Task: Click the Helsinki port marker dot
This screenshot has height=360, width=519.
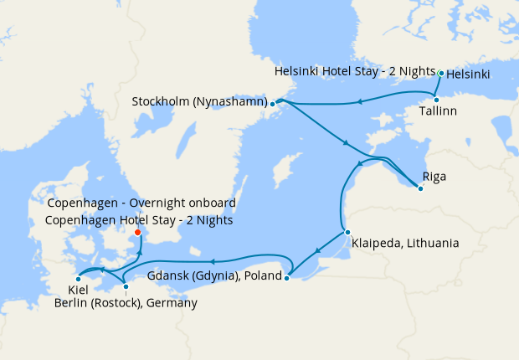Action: tap(441, 74)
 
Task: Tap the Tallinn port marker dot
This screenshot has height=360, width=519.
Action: tap(436, 100)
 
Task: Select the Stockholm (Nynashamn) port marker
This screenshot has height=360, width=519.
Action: tap(272, 104)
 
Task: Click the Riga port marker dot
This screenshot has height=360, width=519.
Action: tap(420, 188)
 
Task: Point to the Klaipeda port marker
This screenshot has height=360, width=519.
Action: tap(347, 232)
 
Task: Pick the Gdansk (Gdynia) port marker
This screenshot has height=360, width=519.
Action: tap(286, 278)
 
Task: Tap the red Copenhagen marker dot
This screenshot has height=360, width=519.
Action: tap(138, 234)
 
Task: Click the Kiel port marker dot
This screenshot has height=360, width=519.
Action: tap(78, 278)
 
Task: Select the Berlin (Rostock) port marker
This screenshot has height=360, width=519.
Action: tap(126, 286)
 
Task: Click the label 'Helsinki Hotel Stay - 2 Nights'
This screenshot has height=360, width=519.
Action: tap(355, 73)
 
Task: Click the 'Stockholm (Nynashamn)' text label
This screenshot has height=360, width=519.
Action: tap(199, 102)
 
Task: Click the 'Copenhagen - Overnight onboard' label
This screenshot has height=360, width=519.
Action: tap(141, 203)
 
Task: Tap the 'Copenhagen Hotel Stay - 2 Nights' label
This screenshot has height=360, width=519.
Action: tap(140, 220)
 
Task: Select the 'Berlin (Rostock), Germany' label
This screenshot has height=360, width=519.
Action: tap(126, 303)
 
